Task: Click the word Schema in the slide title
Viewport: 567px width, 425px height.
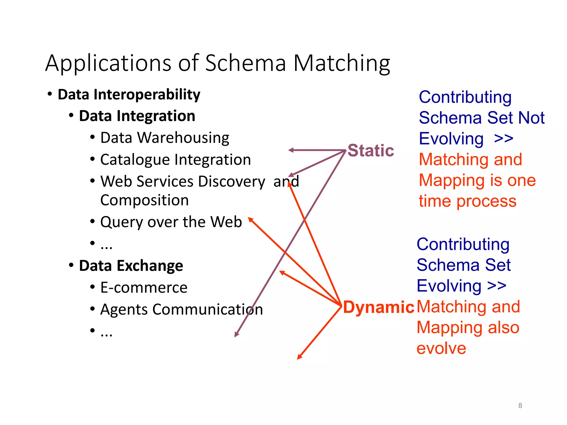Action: click(245, 63)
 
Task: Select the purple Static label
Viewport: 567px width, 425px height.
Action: click(370, 151)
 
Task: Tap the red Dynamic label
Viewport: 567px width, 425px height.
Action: click(378, 307)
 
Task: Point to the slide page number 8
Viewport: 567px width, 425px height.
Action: click(520, 406)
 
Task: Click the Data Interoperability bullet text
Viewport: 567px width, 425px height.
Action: click(129, 95)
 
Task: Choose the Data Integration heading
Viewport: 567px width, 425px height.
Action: click(137, 116)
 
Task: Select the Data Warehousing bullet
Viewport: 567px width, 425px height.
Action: click(165, 138)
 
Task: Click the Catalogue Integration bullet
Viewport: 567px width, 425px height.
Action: click(176, 160)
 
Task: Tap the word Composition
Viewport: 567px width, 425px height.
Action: click(145, 200)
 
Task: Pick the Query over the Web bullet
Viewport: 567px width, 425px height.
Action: click(171, 222)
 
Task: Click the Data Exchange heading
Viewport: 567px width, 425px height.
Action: click(131, 266)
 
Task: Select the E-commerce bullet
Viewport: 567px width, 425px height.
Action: click(144, 287)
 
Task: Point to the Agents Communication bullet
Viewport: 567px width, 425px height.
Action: click(181, 309)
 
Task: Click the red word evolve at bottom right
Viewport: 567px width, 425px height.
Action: click(441, 348)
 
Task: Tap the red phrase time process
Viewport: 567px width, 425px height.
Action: click(467, 201)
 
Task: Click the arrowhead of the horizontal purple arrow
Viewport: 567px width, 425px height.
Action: click(290, 150)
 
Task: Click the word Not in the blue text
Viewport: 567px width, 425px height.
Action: click(531, 118)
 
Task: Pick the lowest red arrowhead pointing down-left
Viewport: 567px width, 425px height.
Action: click(299, 357)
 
